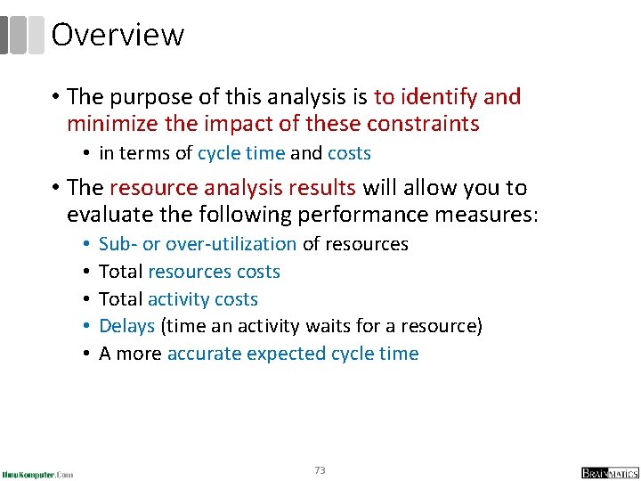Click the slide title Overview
[x=118, y=35]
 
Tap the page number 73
[x=320, y=469]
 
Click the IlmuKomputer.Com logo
[x=37, y=473]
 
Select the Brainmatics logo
[x=610, y=472]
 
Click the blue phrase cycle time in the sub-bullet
[x=241, y=153]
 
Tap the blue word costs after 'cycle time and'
[x=349, y=153]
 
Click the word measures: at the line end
[x=495, y=215]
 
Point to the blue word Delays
[x=126, y=326]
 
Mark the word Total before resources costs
[x=120, y=272]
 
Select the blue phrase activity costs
[x=202, y=299]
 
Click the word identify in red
[x=434, y=96]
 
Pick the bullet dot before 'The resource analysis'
[x=55, y=188]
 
